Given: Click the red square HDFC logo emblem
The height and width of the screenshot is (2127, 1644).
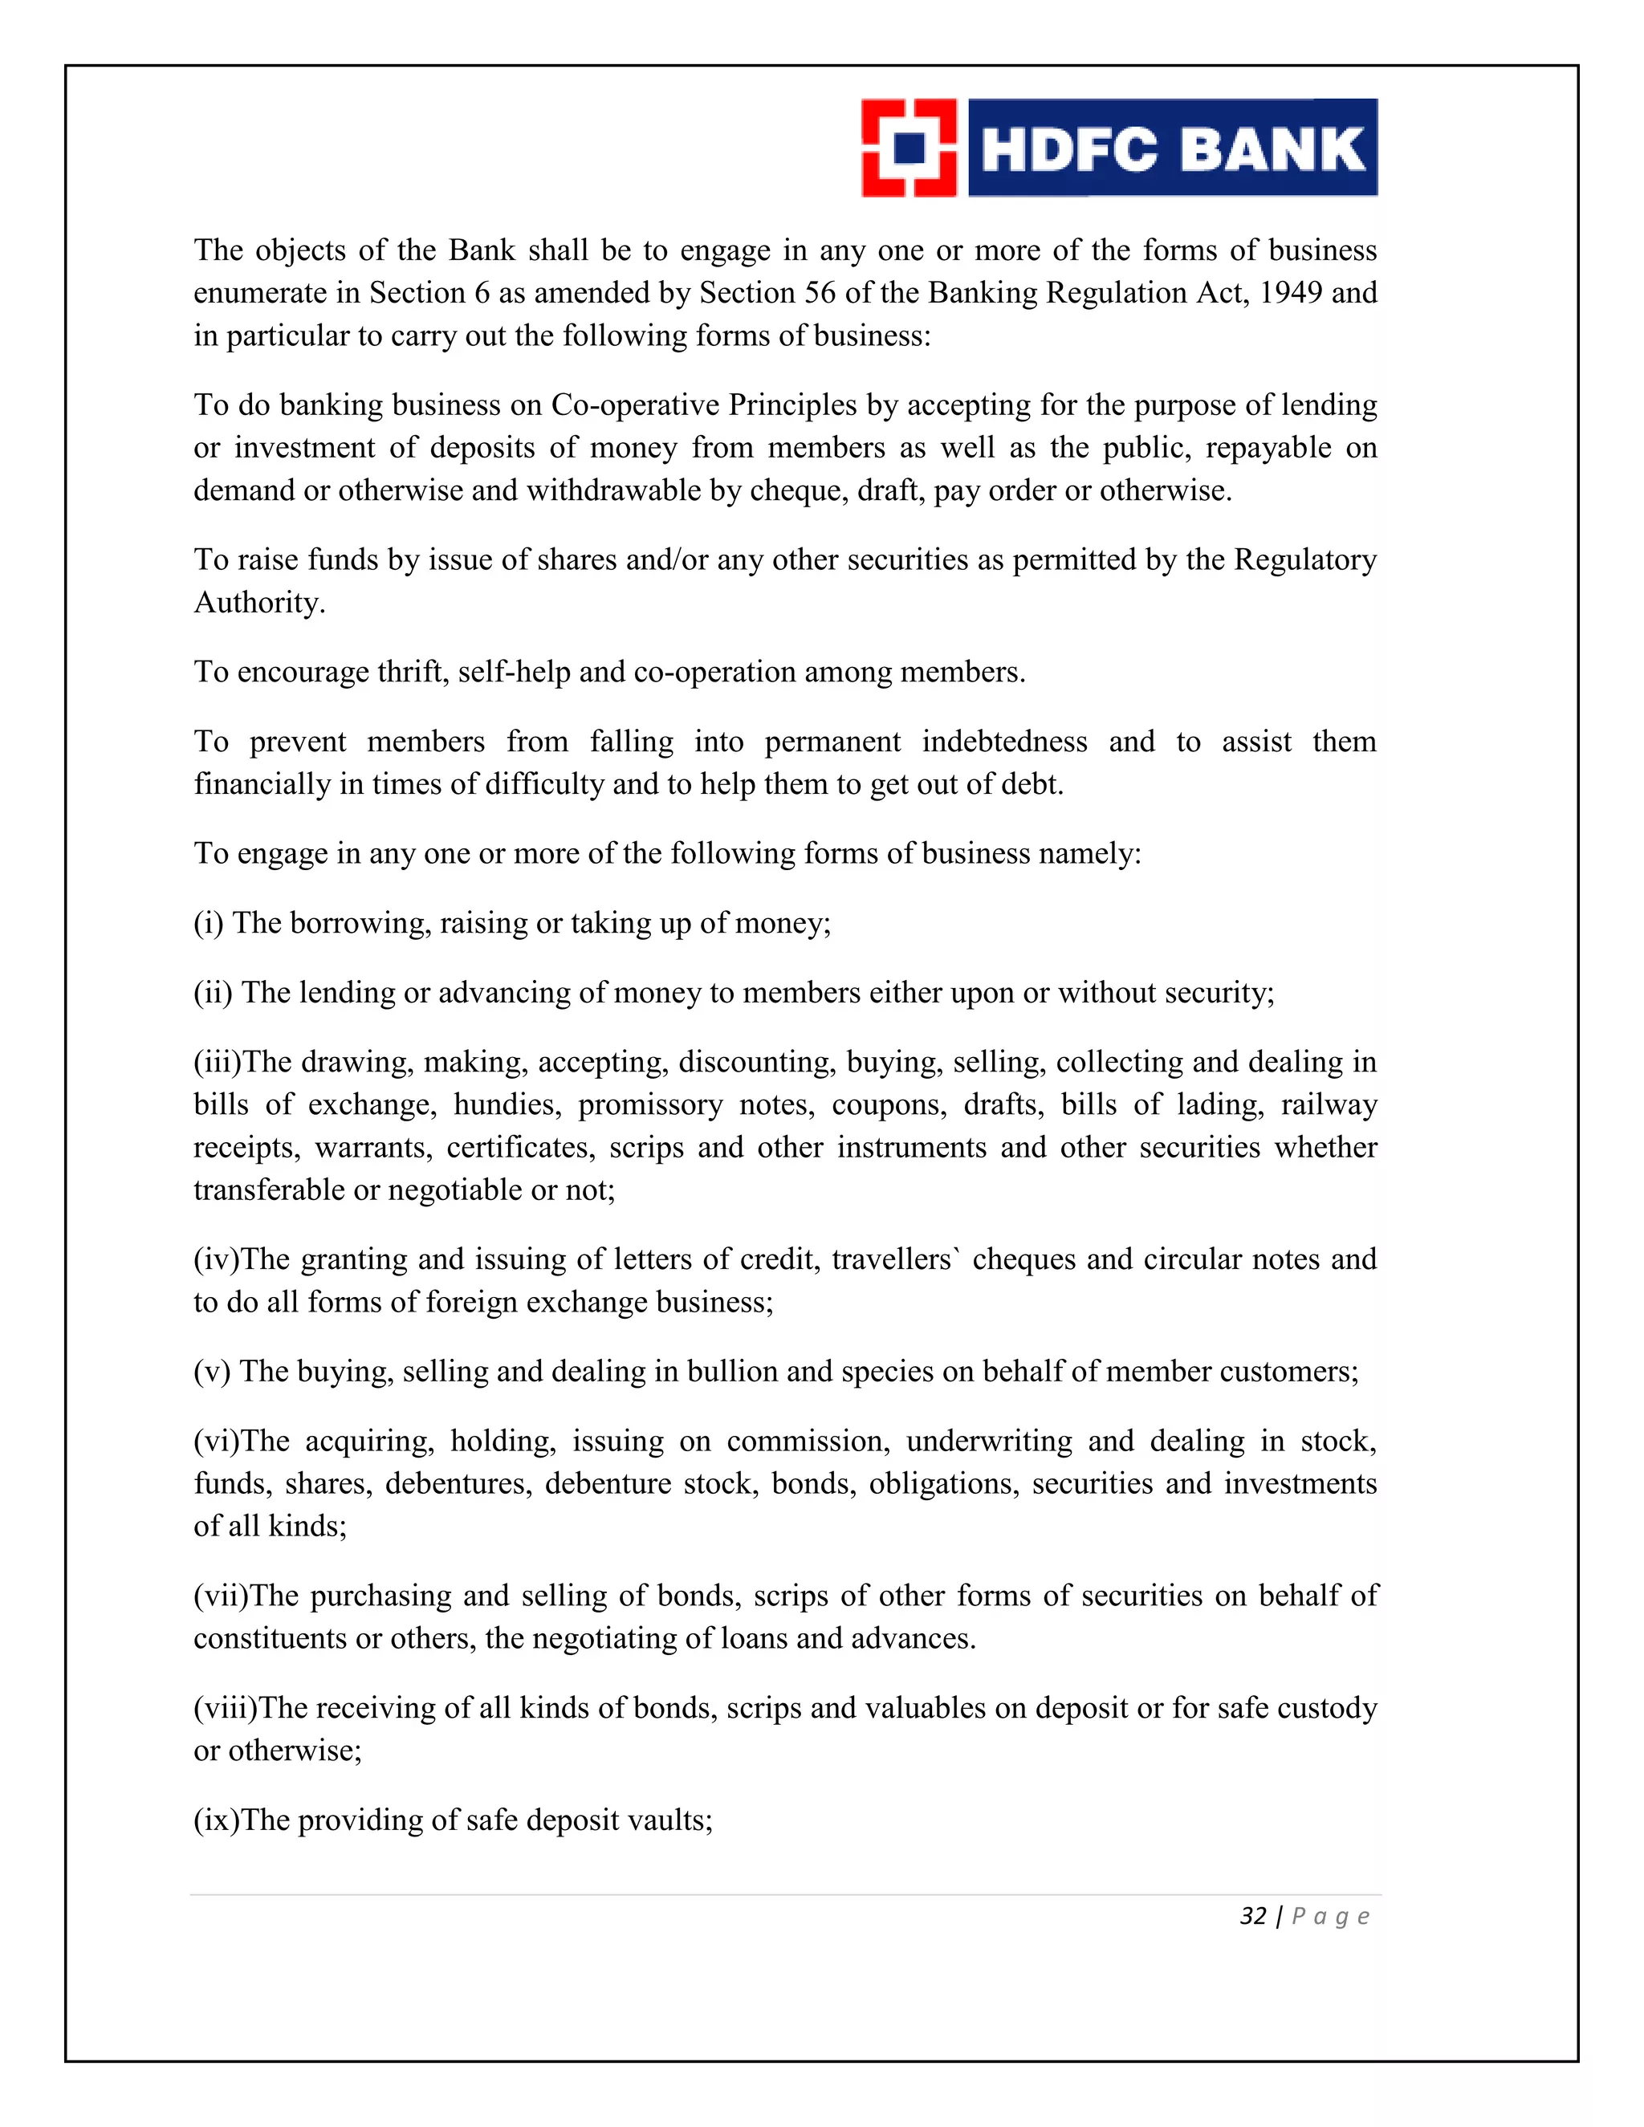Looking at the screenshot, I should pos(909,148).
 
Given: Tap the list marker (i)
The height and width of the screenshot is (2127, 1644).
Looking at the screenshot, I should pos(209,923).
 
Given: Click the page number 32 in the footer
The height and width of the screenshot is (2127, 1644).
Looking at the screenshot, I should pos(1252,1917).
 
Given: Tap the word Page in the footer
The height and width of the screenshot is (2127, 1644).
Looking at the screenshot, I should pos(1330,1917).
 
